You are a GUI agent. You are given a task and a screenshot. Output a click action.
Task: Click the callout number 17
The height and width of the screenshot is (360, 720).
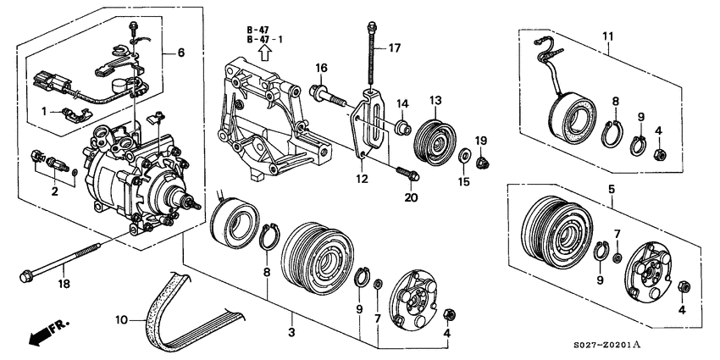394,47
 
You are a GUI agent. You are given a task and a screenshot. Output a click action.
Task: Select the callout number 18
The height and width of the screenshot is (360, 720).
64,284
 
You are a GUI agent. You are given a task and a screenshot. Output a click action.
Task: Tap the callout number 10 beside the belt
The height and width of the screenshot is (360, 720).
121,320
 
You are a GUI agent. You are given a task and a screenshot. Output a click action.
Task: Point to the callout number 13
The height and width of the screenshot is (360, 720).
435,100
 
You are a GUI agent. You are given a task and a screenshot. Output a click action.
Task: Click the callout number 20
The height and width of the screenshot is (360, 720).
411,198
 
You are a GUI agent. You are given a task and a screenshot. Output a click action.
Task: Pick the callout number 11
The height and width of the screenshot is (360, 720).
608,36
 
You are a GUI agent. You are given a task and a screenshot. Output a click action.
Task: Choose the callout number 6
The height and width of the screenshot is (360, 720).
181,53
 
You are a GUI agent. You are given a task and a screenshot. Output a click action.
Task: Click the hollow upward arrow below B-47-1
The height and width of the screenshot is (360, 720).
264,53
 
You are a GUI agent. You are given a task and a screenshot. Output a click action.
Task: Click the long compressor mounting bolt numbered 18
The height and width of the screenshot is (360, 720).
58,263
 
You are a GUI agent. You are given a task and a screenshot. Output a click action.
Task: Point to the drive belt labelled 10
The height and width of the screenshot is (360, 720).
193,312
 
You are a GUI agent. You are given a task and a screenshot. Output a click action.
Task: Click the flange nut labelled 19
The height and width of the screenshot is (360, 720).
482,162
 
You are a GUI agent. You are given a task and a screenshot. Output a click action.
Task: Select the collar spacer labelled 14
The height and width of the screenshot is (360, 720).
402,127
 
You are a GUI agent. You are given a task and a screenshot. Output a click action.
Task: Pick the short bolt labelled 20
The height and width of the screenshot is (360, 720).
407,173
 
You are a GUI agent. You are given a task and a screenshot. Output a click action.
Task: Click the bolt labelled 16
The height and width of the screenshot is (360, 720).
328,97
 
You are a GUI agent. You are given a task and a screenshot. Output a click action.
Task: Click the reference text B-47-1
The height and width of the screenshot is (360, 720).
264,40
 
